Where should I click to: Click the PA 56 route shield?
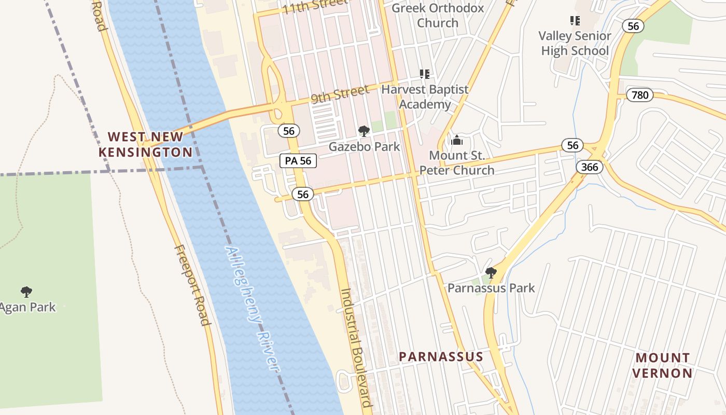pyautogui.click(x=298, y=161)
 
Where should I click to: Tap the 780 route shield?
pyautogui.click(x=640, y=95)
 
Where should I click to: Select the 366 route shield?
pyautogui.click(x=590, y=167)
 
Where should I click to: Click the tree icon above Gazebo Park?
pyautogui.click(x=364, y=131)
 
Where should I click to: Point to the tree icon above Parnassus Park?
pyautogui.click(x=491, y=272)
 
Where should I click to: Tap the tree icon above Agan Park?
pyautogui.click(x=26, y=292)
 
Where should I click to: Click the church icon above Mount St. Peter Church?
pyautogui.click(x=457, y=140)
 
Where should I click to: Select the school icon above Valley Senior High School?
pyautogui.click(x=575, y=21)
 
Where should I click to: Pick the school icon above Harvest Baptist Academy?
pyautogui.click(x=425, y=74)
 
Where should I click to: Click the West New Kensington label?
pyautogui.click(x=145, y=144)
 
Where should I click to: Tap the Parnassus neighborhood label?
pyautogui.click(x=441, y=356)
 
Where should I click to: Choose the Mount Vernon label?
pyautogui.click(x=663, y=365)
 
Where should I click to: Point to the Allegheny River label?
pyautogui.click(x=252, y=308)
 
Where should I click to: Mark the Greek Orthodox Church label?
pyautogui.click(x=438, y=16)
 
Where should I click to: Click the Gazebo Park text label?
pyautogui.click(x=365, y=147)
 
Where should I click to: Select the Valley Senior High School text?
pyautogui.click(x=575, y=44)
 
